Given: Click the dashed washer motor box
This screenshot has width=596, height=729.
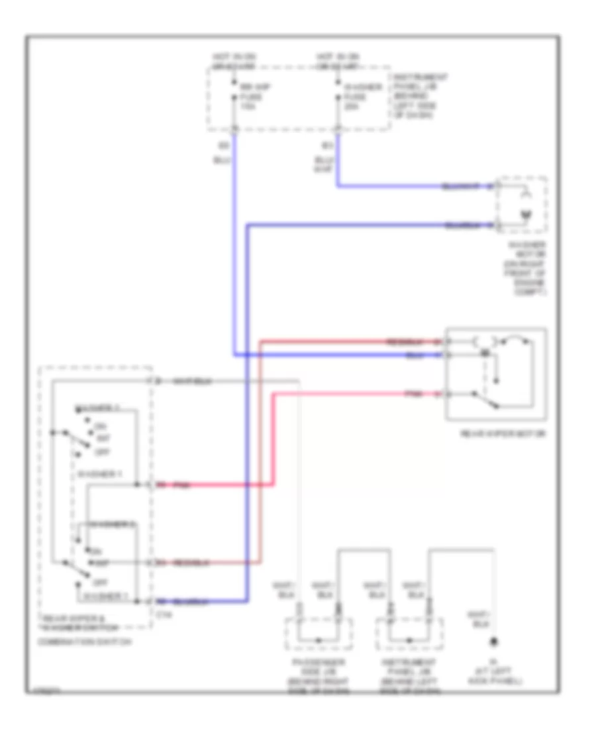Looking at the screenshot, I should [522, 205].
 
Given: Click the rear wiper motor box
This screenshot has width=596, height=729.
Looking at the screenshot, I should [496, 374].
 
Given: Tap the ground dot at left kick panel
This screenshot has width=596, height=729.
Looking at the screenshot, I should [493, 642].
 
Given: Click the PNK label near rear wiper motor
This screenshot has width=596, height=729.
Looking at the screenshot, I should [415, 394].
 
